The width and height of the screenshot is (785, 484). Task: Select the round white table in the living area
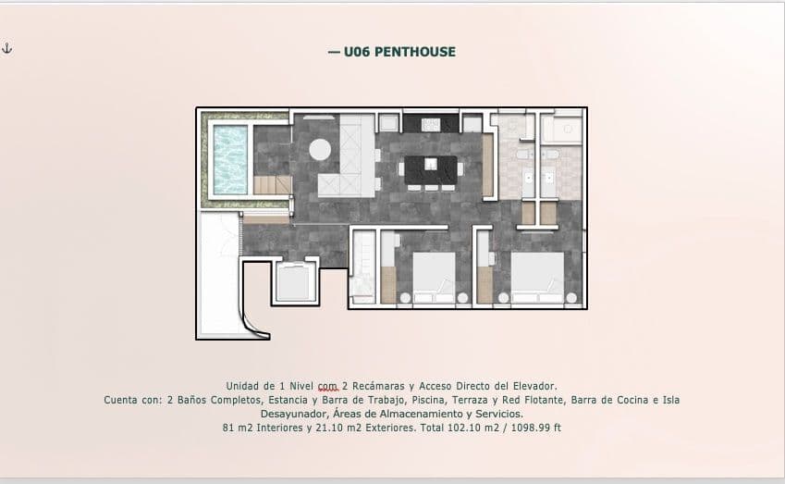point(320,149)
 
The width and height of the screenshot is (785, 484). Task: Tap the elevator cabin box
point(296,281)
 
